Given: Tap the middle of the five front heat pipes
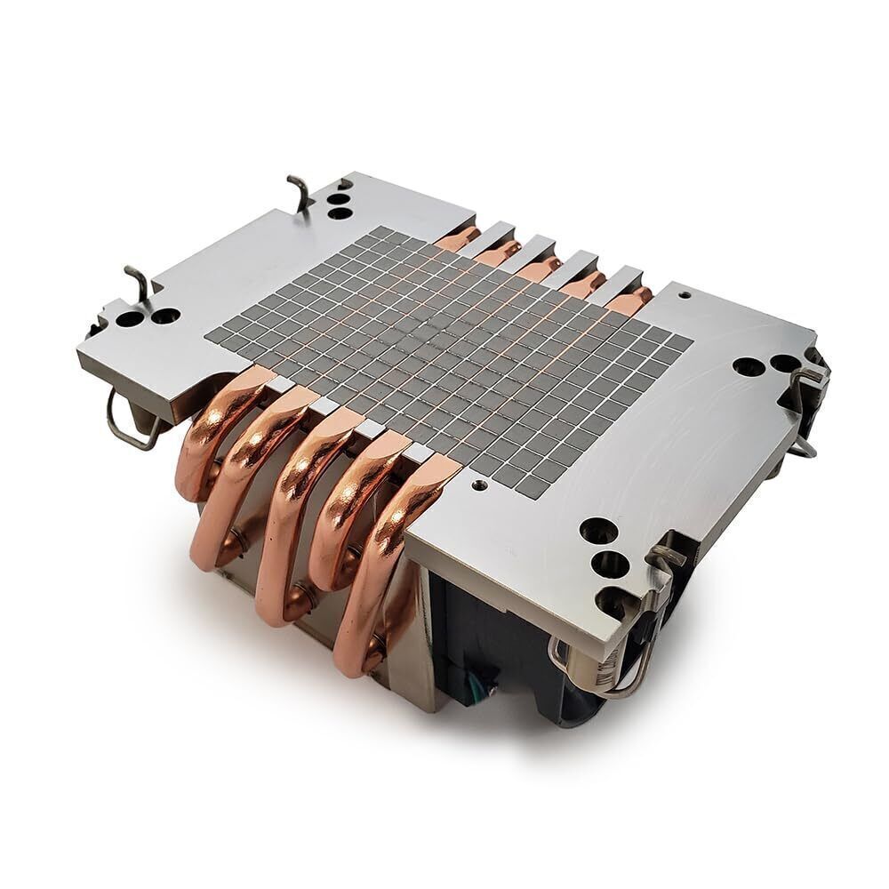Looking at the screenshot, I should [x=298, y=498].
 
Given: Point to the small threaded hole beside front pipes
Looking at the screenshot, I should [x=480, y=485].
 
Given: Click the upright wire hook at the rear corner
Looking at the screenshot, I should [x=300, y=192].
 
